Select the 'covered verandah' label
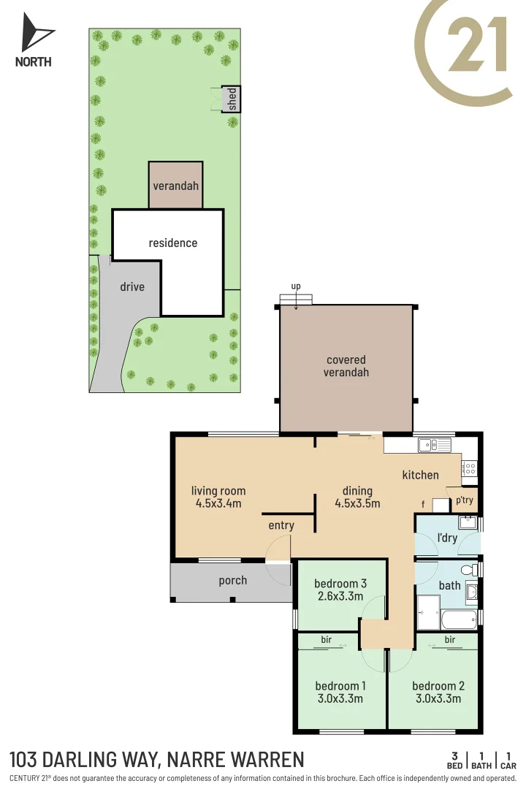(347, 366)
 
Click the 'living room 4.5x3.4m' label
(218, 497)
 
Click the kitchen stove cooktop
(469, 467)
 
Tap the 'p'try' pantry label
(465, 500)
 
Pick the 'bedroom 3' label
(340, 583)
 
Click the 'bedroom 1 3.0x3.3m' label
(340, 692)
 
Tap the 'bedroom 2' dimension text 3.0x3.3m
(438, 698)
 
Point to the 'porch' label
(232, 581)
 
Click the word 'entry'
(281, 525)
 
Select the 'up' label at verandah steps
(296, 286)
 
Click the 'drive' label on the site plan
(132, 286)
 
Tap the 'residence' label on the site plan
(173, 243)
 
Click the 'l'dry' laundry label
(447, 538)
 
